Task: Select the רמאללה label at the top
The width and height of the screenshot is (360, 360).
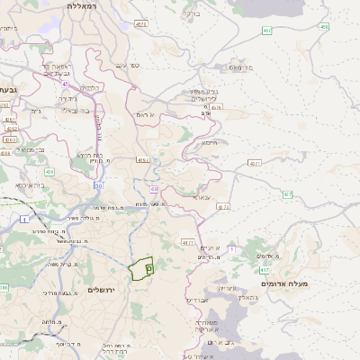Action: [x=87, y=5]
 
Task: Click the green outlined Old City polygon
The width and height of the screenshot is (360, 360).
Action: [x=141, y=269]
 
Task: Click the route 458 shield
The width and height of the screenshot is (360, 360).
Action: [x=324, y=27]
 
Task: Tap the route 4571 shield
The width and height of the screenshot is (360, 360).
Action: [x=140, y=25]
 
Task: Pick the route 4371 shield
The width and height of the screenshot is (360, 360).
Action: [x=223, y=207]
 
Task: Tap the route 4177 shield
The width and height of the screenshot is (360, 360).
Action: [x=187, y=242]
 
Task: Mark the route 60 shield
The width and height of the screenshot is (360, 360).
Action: [x=155, y=189]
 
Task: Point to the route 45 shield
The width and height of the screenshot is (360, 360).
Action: [x=66, y=84]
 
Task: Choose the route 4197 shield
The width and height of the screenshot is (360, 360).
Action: [x=142, y=160]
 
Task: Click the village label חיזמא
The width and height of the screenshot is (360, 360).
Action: [x=210, y=141]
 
